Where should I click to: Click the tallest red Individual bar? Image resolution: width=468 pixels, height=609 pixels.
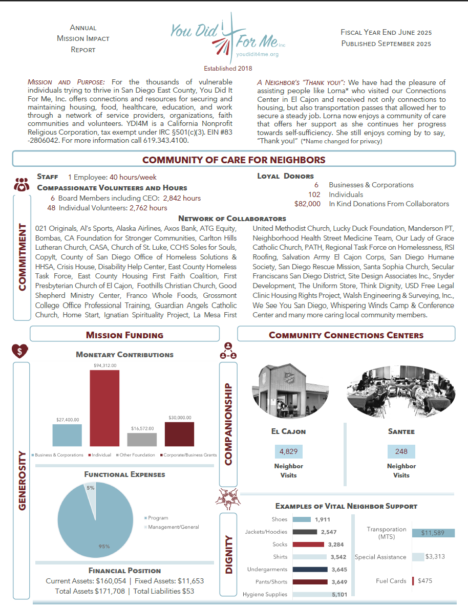tap(104, 408)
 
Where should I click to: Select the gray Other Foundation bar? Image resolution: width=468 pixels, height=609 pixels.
tap(142, 440)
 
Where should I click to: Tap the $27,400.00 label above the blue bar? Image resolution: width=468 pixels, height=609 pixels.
tap(68, 419)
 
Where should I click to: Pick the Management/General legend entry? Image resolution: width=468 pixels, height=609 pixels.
tap(173, 527)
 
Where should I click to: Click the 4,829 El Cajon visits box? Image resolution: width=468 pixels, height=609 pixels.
tap(289, 451)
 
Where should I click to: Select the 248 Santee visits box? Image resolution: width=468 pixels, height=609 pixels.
tap(401, 451)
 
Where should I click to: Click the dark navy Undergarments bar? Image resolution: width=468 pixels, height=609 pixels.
tap(310, 569)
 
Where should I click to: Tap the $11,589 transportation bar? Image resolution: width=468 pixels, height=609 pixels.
tap(433, 533)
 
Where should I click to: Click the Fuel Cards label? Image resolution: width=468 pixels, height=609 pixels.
tap(391, 581)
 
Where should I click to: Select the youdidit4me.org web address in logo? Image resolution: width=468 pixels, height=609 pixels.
tap(258, 54)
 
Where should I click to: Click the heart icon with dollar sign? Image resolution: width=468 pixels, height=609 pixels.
tap(20, 351)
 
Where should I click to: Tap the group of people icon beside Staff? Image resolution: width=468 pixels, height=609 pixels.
tap(21, 184)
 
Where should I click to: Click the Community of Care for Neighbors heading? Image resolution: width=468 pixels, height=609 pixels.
tap(233, 160)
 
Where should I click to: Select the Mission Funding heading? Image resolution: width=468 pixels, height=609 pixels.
tap(124, 335)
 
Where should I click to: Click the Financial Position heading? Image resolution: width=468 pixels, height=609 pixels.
tap(124, 570)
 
